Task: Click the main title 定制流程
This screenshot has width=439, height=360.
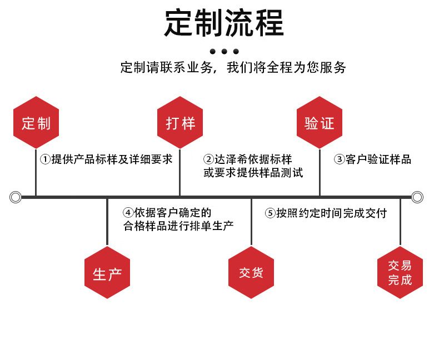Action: pos(223,23)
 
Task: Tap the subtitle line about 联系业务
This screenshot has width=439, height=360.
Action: pos(233,68)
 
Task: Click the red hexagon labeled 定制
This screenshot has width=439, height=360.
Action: pos(36,122)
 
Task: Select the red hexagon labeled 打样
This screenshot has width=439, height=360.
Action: pos(180,122)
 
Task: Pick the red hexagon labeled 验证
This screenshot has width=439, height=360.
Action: pos(320,122)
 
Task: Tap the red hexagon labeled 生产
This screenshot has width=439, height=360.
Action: pos(107,273)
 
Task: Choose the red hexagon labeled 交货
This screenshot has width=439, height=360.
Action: pos(251,273)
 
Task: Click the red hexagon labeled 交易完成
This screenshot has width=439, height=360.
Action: pos(400,273)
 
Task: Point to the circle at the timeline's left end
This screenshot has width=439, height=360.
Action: pos(16,197)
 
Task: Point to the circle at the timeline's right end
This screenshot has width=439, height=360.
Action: pos(417,197)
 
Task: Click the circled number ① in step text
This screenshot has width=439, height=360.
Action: pos(45,159)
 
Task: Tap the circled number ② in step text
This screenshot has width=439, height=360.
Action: pos(209,159)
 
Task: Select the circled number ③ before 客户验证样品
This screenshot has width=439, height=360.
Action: pos(339,159)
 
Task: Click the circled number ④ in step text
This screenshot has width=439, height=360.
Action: pos(128,213)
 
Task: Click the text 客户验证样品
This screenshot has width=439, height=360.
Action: pos(378,159)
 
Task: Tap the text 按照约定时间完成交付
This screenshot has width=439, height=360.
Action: pos(332,213)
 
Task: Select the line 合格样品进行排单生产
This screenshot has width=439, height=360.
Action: pos(178,226)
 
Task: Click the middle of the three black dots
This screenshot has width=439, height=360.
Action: pos(224,52)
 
